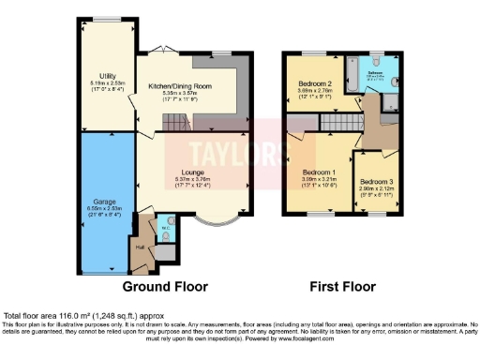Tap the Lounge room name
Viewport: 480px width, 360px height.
click(194, 172)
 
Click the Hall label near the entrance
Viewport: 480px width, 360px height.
click(141, 247)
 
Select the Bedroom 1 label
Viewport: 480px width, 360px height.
click(319, 172)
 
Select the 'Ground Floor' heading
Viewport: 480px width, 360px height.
click(165, 286)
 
